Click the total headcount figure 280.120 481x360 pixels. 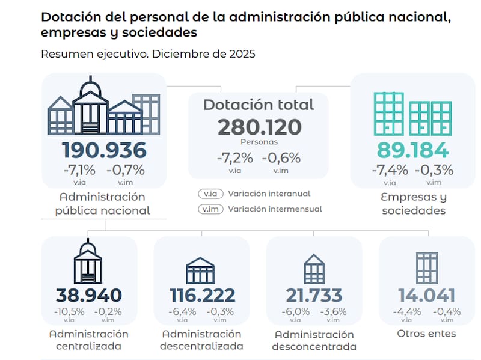259,127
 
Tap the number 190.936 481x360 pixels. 104,150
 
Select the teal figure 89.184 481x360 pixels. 412,150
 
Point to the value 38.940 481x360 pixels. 88,295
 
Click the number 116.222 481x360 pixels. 201,295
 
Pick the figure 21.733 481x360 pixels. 314,295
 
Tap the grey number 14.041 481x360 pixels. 426,295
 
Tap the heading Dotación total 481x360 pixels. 259,105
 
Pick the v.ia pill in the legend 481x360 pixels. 210,194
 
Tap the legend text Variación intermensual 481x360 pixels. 275,209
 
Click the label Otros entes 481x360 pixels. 426,334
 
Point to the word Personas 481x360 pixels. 259,142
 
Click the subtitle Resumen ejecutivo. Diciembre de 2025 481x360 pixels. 148,54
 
